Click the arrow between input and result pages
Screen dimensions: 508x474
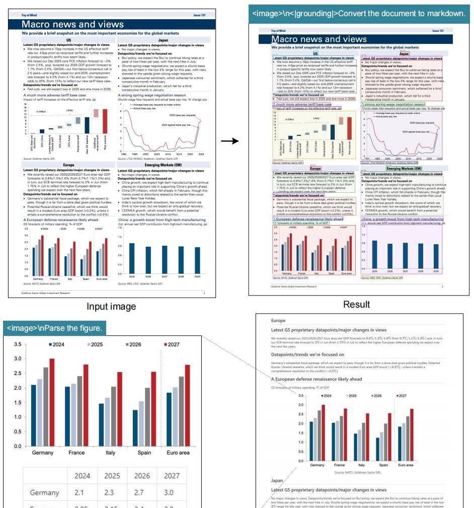[230, 141]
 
